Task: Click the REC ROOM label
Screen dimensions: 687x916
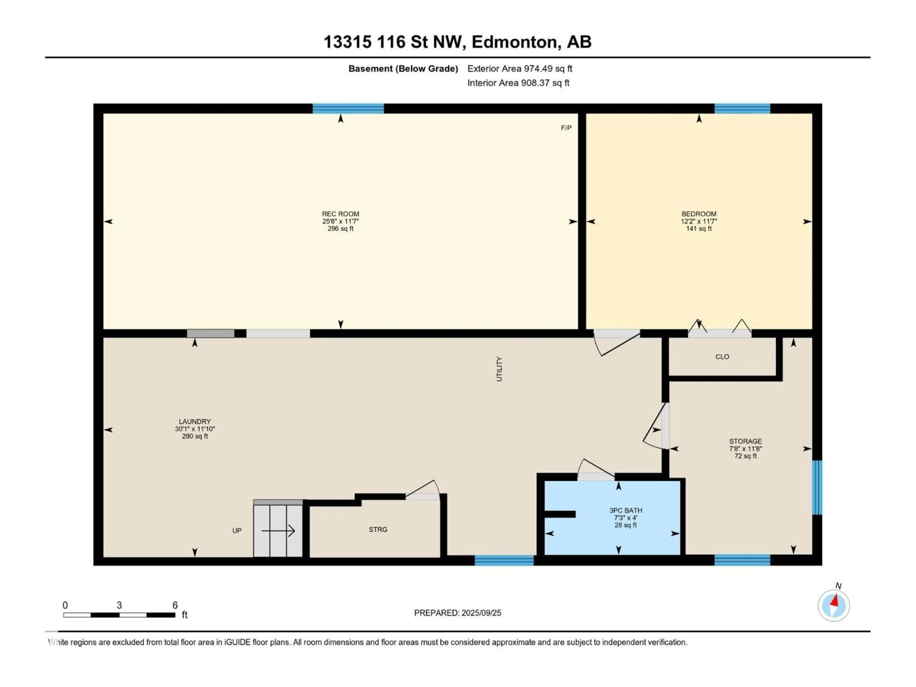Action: point(340,214)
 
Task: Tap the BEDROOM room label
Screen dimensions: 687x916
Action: point(699,214)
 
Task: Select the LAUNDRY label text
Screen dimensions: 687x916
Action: point(195,422)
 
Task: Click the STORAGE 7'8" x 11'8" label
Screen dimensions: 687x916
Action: point(745,448)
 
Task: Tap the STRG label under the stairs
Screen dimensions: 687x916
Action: point(378,529)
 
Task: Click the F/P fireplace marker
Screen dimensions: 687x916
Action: point(566,128)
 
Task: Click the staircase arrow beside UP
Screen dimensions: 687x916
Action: point(278,531)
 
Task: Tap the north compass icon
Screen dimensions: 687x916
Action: point(834,605)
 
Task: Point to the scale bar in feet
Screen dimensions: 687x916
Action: point(119,615)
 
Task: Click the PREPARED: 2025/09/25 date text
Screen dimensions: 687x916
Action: point(458,613)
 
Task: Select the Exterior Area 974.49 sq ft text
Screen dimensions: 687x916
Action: point(520,69)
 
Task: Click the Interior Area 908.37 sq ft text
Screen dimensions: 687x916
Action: point(518,83)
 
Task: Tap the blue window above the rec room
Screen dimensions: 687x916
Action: point(348,109)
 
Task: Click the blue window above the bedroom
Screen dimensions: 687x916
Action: point(742,109)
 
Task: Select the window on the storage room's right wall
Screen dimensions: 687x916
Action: point(817,487)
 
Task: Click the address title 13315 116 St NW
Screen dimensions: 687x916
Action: point(457,42)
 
